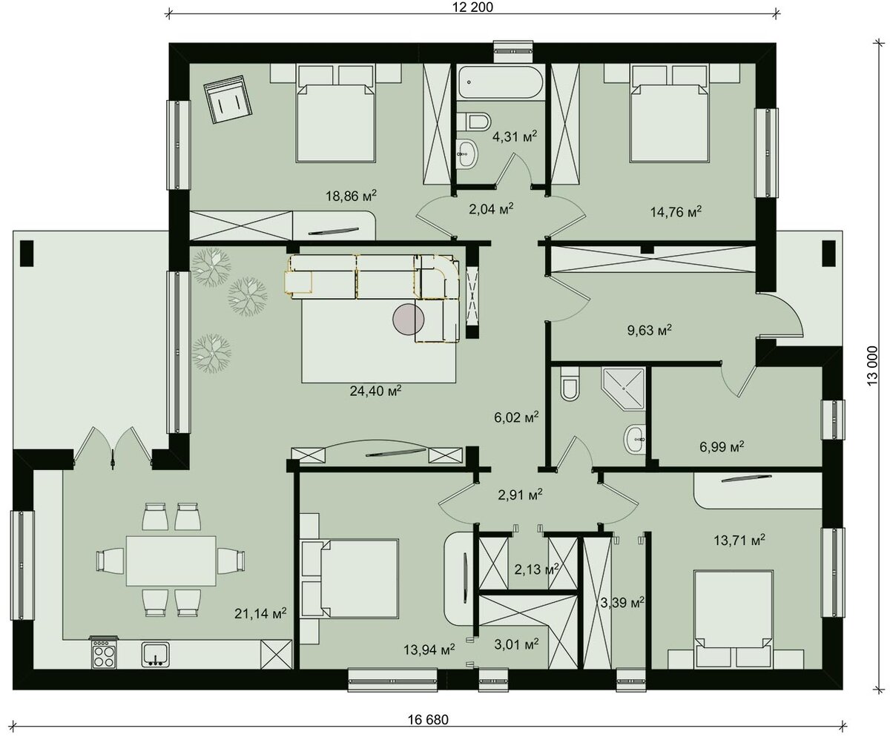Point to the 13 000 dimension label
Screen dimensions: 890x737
point(872,366)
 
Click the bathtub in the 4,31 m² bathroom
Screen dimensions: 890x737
point(501,82)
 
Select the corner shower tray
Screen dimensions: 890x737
point(622,389)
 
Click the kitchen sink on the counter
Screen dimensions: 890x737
point(156,654)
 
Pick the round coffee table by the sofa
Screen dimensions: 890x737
point(409,319)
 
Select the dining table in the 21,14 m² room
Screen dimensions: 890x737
point(171,561)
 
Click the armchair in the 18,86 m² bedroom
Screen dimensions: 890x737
point(228,99)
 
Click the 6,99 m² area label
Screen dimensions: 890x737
point(722,446)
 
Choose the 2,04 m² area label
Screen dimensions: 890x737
point(491,208)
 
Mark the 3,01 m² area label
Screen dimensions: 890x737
point(516,644)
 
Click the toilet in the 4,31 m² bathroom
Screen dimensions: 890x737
point(478,120)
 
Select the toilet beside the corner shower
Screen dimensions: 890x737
point(569,384)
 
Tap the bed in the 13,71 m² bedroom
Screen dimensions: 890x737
point(734,619)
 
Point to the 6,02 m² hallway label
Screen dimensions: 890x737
point(516,417)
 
